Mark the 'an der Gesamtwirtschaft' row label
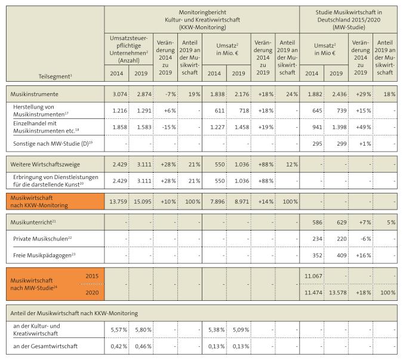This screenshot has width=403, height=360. [x=46, y=346]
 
